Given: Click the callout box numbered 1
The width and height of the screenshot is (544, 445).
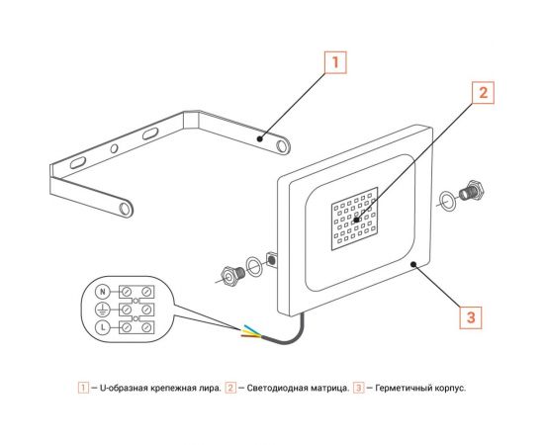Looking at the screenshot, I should point(335,61).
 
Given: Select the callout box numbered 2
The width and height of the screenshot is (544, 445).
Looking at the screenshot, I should point(482,94).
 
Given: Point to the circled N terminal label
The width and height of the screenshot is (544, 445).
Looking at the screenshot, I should point(100,292).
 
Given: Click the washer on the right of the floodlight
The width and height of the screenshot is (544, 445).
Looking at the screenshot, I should point(448,200).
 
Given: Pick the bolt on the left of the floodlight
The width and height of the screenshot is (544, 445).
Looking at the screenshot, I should point(234,273).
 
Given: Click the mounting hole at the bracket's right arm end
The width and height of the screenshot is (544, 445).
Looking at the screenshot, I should point(283,145).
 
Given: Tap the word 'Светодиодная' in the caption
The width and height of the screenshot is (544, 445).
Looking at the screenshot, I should point(270,388).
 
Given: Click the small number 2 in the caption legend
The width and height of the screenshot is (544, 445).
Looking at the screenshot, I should point(230,388).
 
